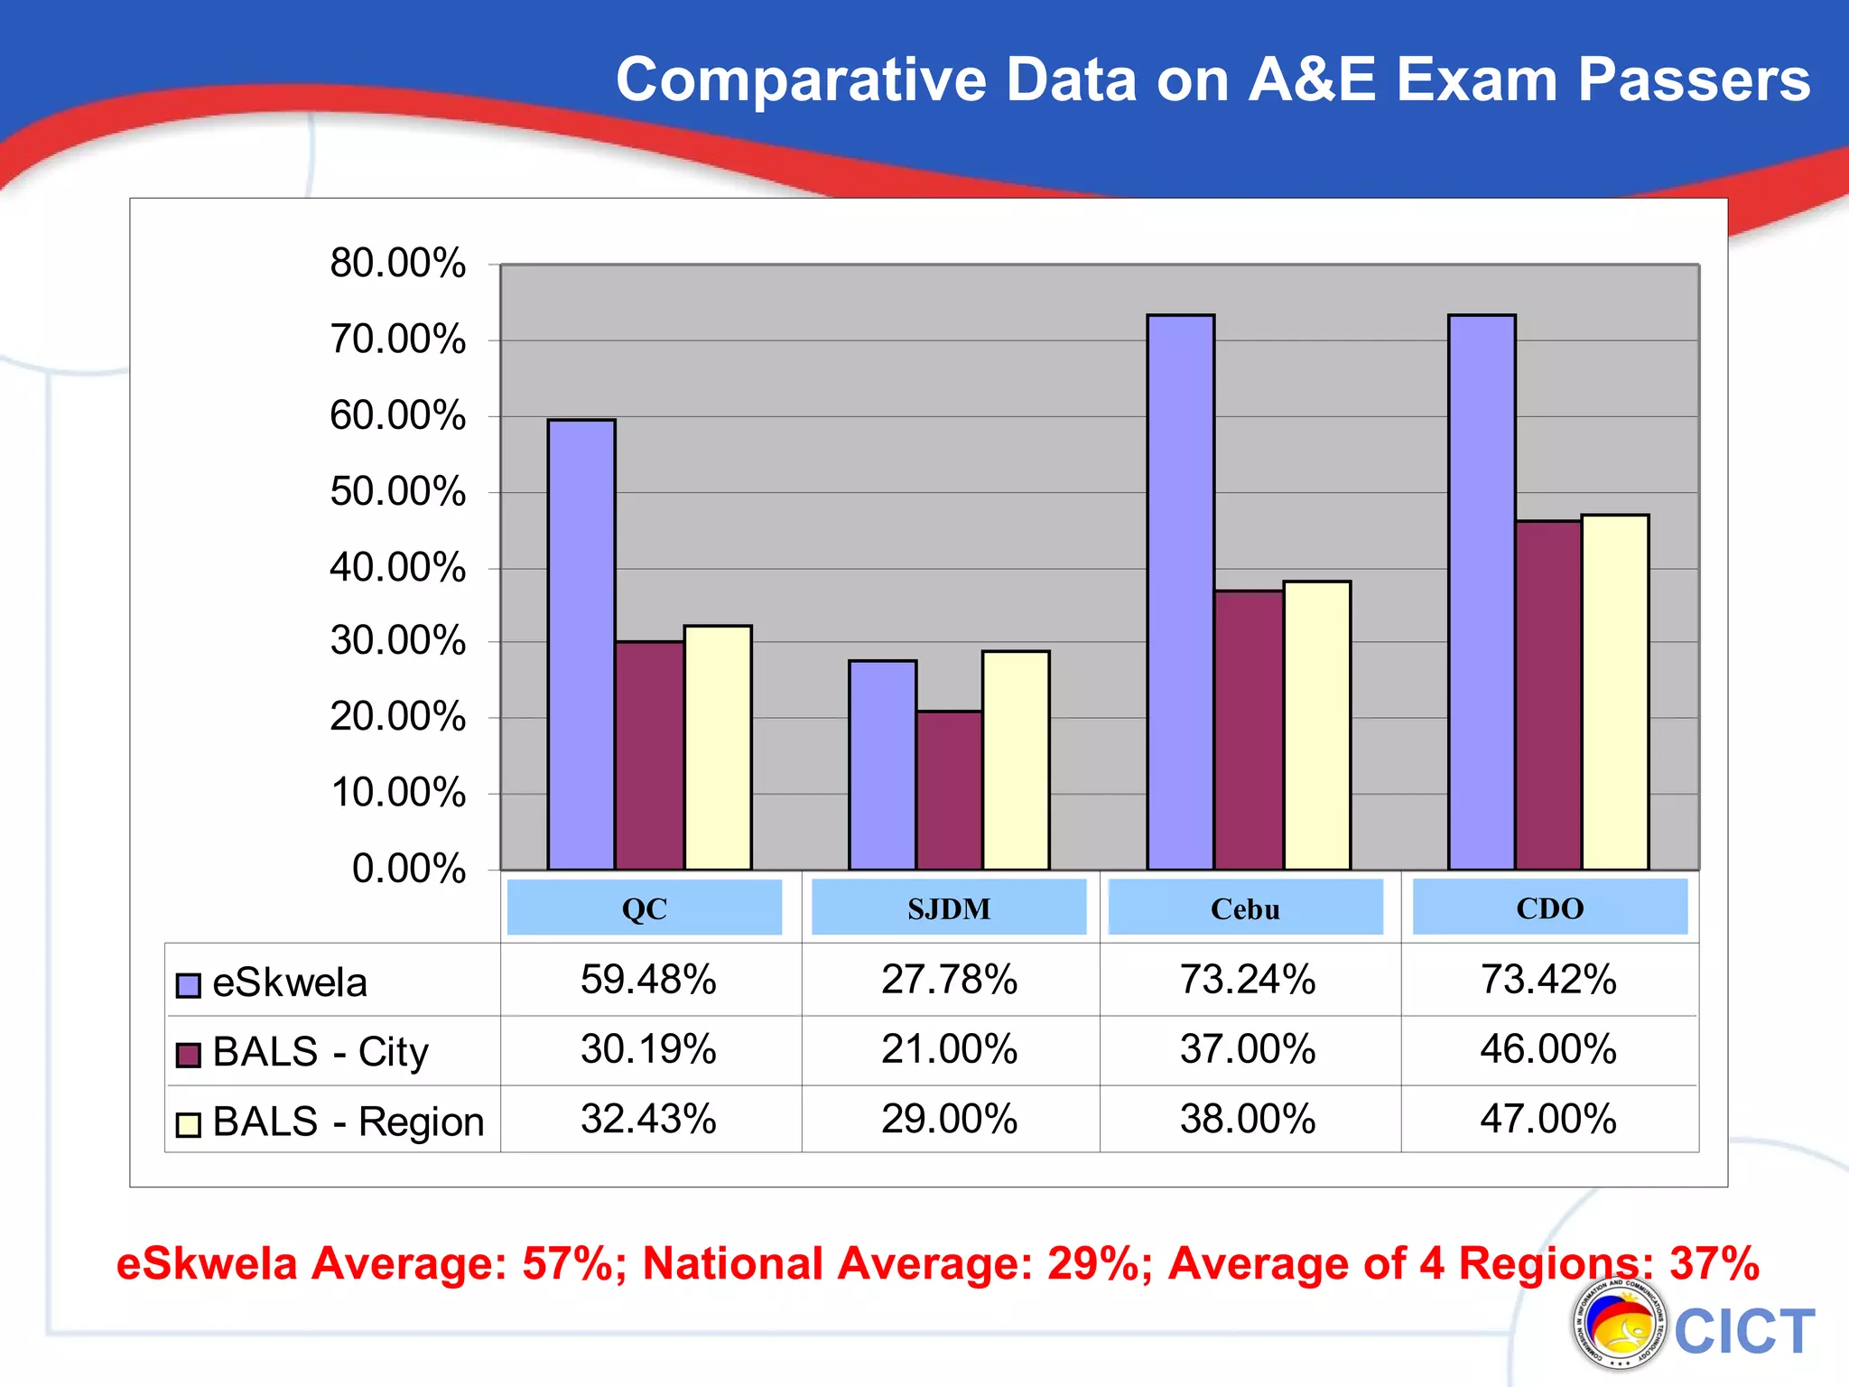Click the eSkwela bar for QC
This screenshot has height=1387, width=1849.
581,645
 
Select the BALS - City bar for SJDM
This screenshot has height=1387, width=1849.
949,790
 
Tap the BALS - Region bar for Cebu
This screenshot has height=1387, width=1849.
1316,725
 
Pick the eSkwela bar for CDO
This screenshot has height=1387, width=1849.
1482,592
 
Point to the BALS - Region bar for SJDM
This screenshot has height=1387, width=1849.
1016,760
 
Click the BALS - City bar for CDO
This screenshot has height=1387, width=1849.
1548,695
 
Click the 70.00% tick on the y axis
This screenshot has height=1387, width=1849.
398,340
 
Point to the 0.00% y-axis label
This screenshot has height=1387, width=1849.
409,869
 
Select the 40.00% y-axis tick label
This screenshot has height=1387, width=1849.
398,569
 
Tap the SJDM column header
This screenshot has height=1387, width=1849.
949,908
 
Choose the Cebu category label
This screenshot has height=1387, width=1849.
1245,908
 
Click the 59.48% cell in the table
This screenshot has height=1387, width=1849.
648,980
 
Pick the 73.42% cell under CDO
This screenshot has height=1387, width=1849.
1548,980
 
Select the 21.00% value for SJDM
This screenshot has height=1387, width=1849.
949,1049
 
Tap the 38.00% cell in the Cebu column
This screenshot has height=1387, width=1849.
1248,1120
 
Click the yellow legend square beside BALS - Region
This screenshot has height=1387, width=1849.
188,1124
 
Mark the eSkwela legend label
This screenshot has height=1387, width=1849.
290,983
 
